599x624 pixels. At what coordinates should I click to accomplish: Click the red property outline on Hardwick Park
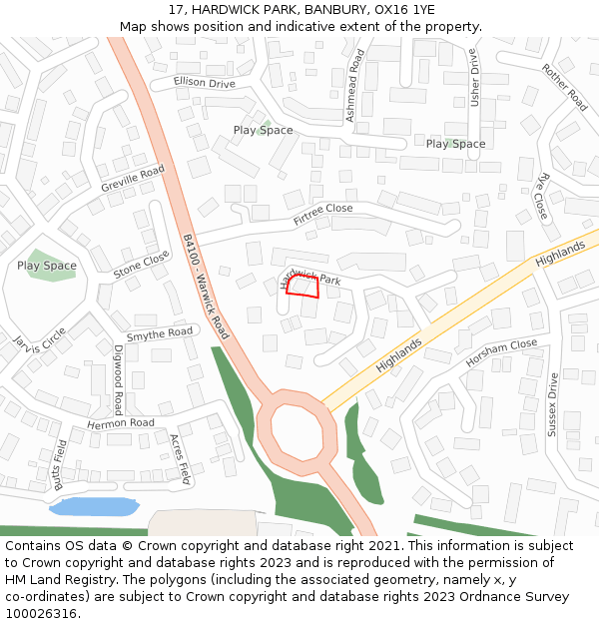301,287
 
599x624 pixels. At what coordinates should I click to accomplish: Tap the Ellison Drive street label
204,82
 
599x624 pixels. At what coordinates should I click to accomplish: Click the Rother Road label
565,86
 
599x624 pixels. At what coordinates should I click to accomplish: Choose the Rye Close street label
543,197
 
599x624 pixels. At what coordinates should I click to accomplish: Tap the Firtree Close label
322,213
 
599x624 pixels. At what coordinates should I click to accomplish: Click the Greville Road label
132,180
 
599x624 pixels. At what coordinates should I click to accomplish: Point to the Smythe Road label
160,333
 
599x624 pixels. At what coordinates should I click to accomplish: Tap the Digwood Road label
118,380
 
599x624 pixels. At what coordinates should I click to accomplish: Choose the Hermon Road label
121,423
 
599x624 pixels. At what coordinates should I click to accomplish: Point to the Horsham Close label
501,352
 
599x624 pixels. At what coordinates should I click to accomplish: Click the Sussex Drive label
551,405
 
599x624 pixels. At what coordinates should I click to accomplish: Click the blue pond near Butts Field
93,506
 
